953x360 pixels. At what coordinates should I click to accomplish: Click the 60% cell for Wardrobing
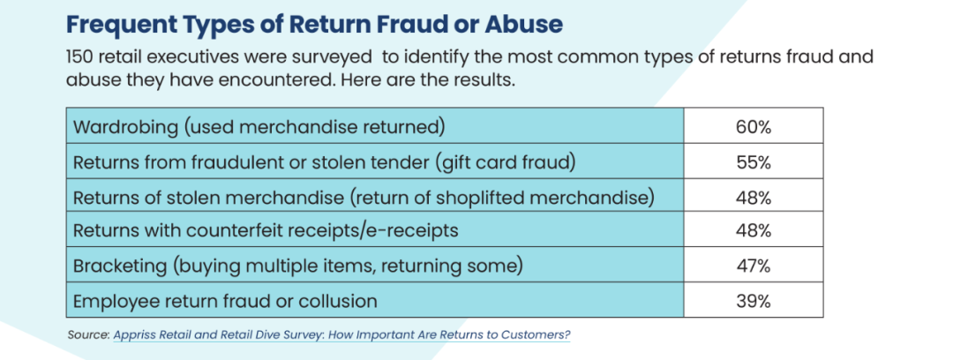tap(753, 128)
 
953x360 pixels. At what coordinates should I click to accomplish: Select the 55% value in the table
tap(753, 162)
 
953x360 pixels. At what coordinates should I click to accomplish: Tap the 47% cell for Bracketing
tap(753, 266)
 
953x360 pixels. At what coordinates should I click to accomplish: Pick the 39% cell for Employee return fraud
tap(753, 301)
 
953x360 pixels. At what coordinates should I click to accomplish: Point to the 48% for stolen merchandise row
tap(753, 197)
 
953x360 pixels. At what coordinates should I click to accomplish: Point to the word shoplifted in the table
tap(516, 198)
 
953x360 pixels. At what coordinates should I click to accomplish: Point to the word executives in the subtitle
tap(199, 57)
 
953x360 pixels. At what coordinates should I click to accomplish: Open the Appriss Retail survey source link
tap(341, 335)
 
